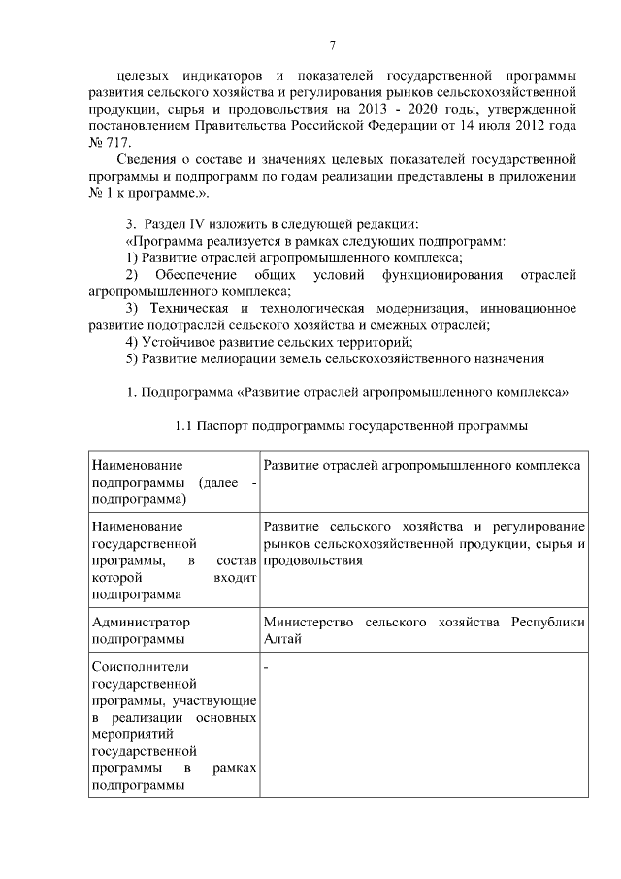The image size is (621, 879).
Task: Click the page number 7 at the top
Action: click(x=332, y=46)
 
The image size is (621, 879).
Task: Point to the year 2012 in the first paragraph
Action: click(x=512, y=125)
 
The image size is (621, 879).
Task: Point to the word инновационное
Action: click(x=532, y=308)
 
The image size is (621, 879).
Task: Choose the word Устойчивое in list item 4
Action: click(x=178, y=342)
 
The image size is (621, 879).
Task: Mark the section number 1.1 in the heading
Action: click(x=184, y=425)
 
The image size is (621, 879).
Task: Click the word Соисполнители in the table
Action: click(x=140, y=667)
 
